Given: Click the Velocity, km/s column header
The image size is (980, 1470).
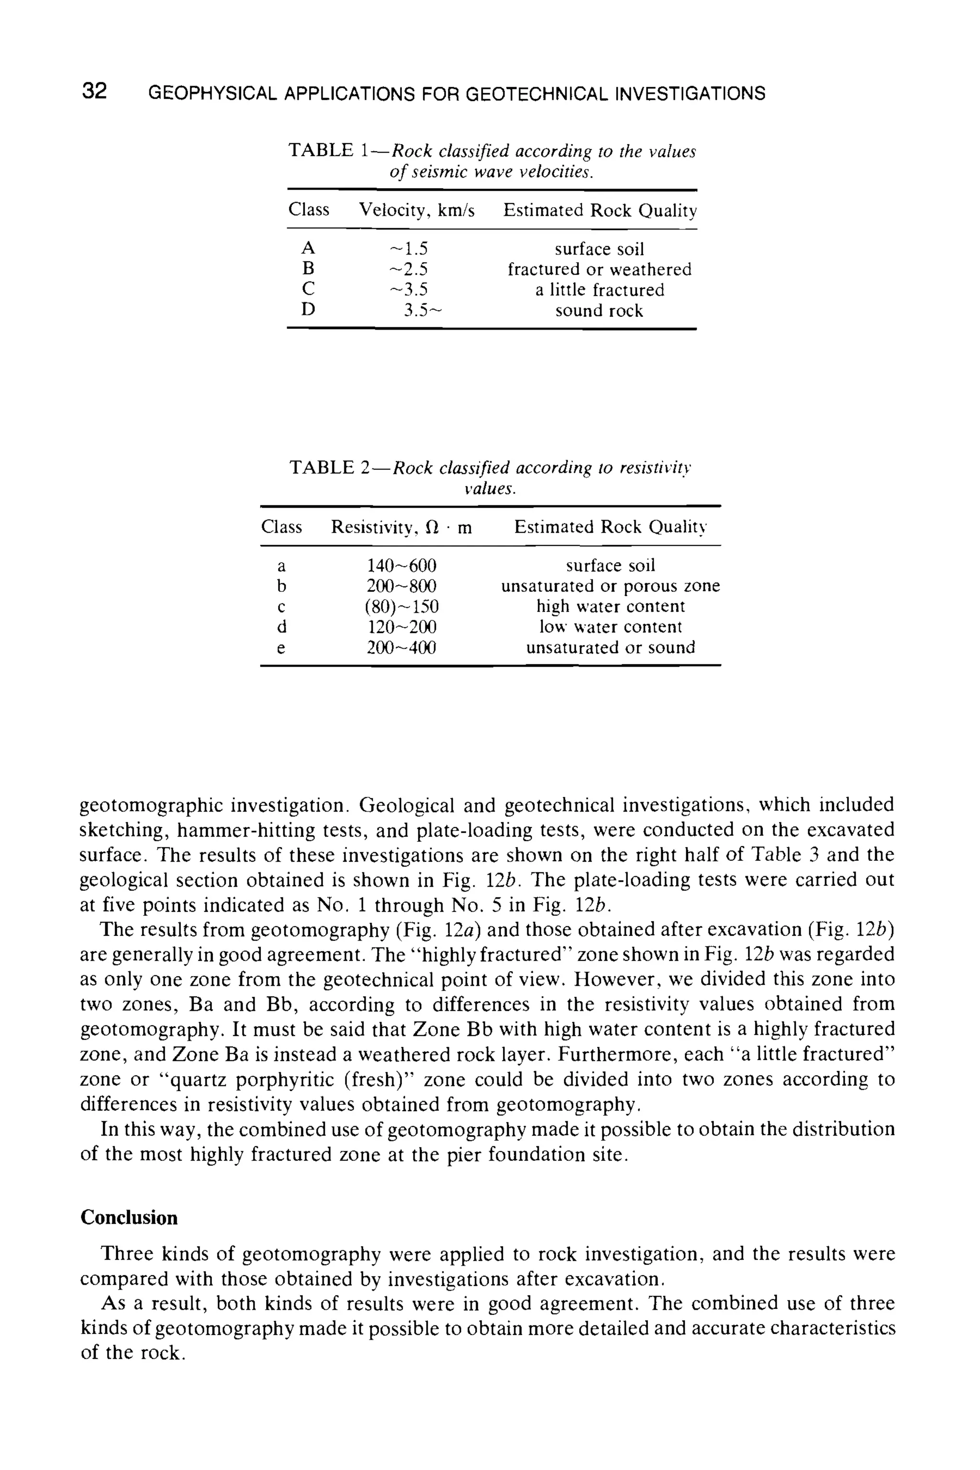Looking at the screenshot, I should [x=416, y=210].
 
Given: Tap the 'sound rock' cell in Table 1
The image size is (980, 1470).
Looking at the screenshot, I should [x=599, y=311].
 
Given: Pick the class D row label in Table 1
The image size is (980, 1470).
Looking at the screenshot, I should [x=308, y=310].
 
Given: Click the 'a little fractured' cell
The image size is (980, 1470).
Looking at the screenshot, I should [x=599, y=290].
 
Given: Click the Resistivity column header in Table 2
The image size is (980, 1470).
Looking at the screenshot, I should [x=401, y=527].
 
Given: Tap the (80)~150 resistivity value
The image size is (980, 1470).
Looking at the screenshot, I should [x=402, y=606].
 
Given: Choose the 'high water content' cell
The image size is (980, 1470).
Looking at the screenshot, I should [x=610, y=606].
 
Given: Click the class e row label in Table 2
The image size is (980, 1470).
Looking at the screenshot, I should [x=281, y=648].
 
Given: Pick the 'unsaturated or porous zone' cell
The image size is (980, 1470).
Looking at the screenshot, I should [x=610, y=586].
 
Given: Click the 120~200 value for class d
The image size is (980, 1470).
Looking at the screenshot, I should [x=401, y=627].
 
